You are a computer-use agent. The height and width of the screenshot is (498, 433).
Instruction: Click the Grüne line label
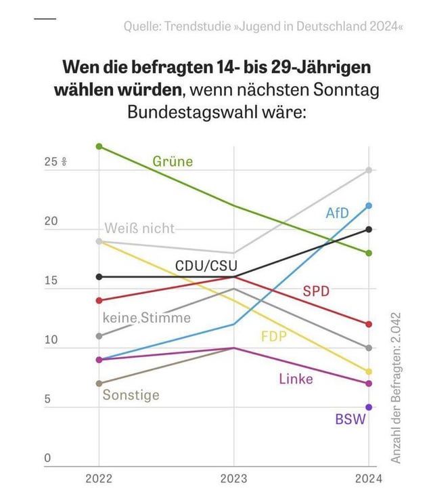click(x=173, y=161)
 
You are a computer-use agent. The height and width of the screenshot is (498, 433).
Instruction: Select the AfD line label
click(x=337, y=213)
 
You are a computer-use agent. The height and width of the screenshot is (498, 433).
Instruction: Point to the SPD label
click(x=316, y=291)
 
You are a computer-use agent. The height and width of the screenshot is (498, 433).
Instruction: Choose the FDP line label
click(x=274, y=336)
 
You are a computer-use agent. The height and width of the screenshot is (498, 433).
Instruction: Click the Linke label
click(x=296, y=379)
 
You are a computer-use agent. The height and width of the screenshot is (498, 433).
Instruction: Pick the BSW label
click(x=350, y=419)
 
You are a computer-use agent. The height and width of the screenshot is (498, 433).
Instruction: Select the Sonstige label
click(x=131, y=394)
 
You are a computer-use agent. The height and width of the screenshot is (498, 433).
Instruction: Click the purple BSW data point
click(x=369, y=407)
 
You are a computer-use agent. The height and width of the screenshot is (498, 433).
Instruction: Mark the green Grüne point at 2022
click(x=99, y=146)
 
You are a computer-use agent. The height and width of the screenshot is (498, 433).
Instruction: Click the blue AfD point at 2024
click(x=369, y=205)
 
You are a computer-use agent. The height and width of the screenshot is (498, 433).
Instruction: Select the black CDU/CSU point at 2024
click(x=369, y=229)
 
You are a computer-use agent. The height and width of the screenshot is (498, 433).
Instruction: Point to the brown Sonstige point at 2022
click(x=99, y=383)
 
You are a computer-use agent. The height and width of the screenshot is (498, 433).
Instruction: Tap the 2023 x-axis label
click(x=234, y=479)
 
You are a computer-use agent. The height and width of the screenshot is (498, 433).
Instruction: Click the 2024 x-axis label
click(x=368, y=479)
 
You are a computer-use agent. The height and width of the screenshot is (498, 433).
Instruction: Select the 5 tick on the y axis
click(x=47, y=400)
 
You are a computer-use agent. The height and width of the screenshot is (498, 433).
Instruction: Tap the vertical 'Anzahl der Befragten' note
click(x=396, y=388)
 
